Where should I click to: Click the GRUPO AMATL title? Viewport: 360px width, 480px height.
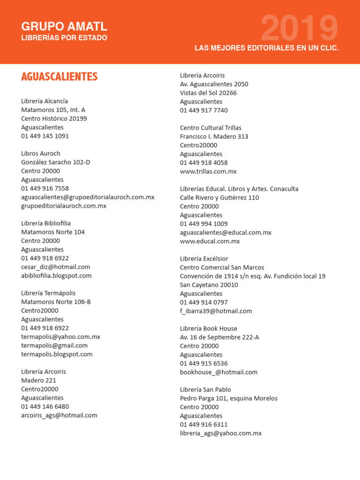point(64,26)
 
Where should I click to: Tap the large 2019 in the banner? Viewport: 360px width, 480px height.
point(299,29)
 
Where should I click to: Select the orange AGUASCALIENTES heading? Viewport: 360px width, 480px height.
point(59,77)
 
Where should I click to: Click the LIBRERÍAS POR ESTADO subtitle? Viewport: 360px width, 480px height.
point(64,38)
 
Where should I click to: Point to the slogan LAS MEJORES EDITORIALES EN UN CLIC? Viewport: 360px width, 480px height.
point(266,48)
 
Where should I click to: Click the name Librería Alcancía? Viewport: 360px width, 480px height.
point(45,101)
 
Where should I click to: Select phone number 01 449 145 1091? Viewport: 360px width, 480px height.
point(45,136)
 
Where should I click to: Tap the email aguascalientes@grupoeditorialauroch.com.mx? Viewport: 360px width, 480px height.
point(88,197)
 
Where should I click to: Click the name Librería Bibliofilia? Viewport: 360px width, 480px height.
point(46,223)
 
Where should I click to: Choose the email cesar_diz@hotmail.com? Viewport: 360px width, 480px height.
point(55,267)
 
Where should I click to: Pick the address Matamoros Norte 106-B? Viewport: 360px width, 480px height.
point(56,302)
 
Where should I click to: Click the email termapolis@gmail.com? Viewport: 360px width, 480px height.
point(54,345)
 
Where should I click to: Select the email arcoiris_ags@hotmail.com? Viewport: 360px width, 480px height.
point(59,415)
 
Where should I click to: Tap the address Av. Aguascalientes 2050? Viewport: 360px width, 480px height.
point(214,84)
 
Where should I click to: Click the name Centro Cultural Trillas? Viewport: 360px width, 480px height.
point(210,127)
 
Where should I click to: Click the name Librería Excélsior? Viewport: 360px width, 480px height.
point(204,259)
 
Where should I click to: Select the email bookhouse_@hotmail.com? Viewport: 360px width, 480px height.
point(218,372)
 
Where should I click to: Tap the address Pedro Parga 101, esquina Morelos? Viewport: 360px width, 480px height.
point(229,398)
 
